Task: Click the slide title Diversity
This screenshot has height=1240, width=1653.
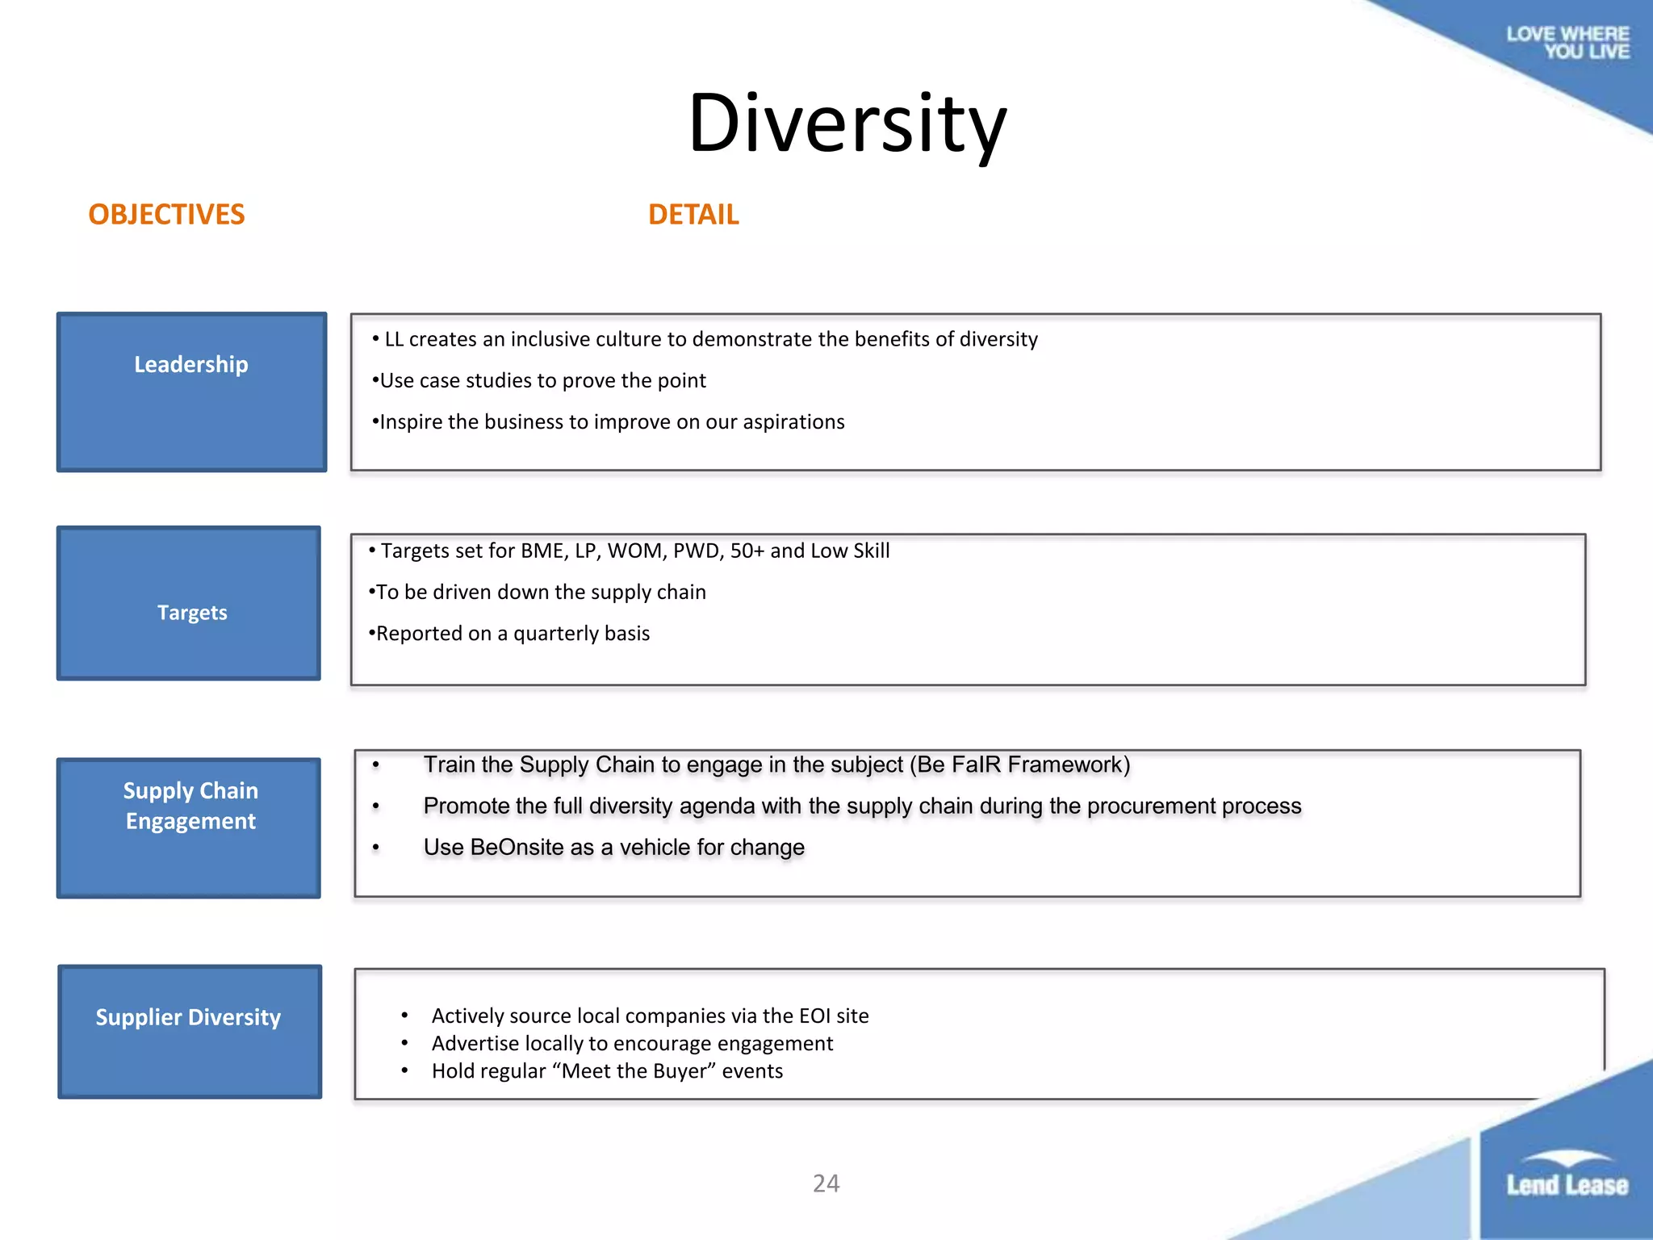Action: [x=847, y=124]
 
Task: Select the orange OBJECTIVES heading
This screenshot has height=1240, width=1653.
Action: [x=166, y=215]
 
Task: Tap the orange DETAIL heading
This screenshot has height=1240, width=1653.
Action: [x=693, y=215]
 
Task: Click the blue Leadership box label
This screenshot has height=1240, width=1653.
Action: [x=191, y=365]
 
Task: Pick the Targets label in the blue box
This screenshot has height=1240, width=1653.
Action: [x=192, y=613]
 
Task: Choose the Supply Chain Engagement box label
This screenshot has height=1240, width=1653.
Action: [x=190, y=806]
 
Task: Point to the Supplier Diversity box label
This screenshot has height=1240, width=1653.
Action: [x=188, y=1017]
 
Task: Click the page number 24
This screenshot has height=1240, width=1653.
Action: [x=826, y=1183]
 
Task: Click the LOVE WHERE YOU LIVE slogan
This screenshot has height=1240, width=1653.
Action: [x=1567, y=43]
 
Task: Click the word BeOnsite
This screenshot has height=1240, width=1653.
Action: [x=517, y=848]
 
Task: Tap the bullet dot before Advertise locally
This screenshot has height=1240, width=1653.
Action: [x=404, y=1043]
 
